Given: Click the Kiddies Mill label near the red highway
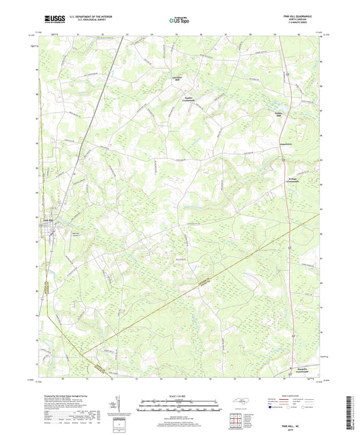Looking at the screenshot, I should [x=278, y=113].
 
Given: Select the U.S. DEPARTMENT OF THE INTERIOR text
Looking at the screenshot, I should [x=84, y=18].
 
